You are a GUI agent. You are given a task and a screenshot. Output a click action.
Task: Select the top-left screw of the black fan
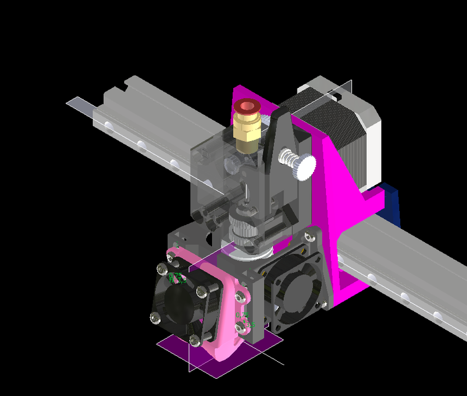(x=162, y=269)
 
